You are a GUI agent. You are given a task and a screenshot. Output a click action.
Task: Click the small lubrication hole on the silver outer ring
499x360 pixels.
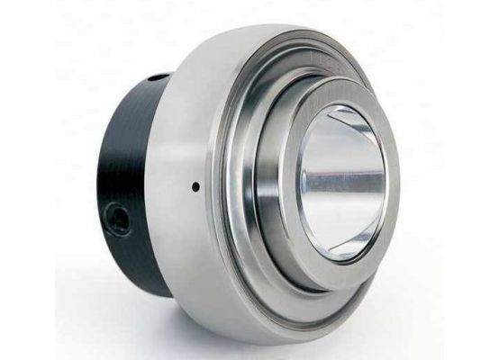(195, 186)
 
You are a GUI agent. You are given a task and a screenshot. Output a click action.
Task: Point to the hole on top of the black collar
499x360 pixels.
(158, 77)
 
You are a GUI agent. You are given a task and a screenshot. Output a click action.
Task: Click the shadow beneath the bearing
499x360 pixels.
(270, 346)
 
